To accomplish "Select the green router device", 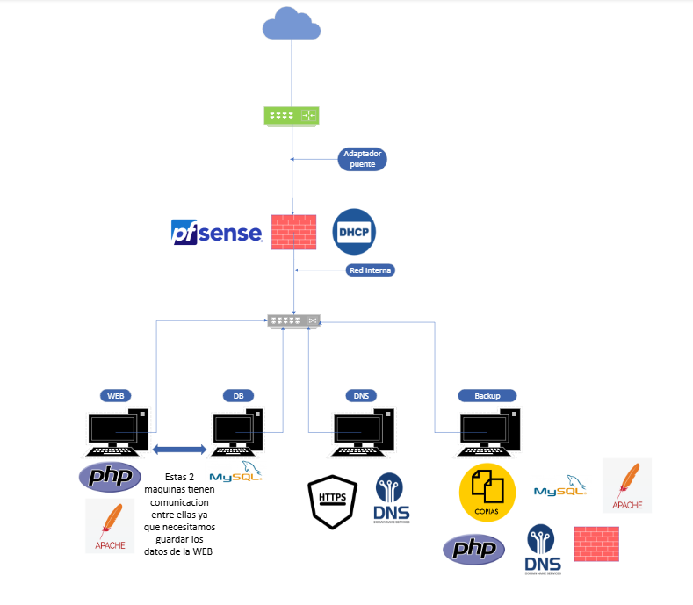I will pyautogui.click(x=292, y=115).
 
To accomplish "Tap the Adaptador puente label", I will pyautogui.click(x=362, y=159).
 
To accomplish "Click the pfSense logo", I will pyautogui.click(x=216, y=232).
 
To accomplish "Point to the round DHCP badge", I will pyautogui.click(x=354, y=232).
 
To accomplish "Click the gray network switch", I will pyautogui.click(x=294, y=321).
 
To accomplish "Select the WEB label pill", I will pyautogui.click(x=115, y=396).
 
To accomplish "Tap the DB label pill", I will pyautogui.click(x=238, y=396).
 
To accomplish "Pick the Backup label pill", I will pyautogui.click(x=487, y=396).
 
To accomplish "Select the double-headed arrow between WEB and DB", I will pyautogui.click(x=180, y=450).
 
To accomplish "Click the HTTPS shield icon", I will pyautogui.click(x=332, y=500).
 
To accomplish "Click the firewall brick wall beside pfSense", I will pyautogui.click(x=292, y=232).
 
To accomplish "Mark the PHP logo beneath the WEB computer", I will pyautogui.click(x=110, y=477).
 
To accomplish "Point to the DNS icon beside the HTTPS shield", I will pyautogui.click(x=390, y=498).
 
